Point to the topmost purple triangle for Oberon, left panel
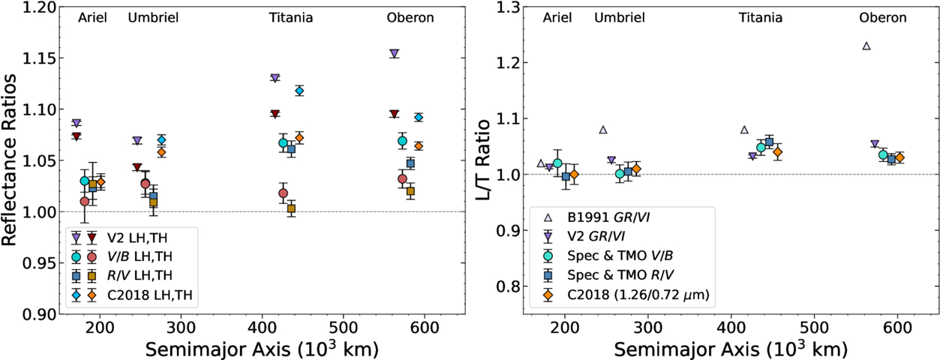394,54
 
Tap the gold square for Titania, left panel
291,208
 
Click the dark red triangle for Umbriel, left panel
137,167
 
